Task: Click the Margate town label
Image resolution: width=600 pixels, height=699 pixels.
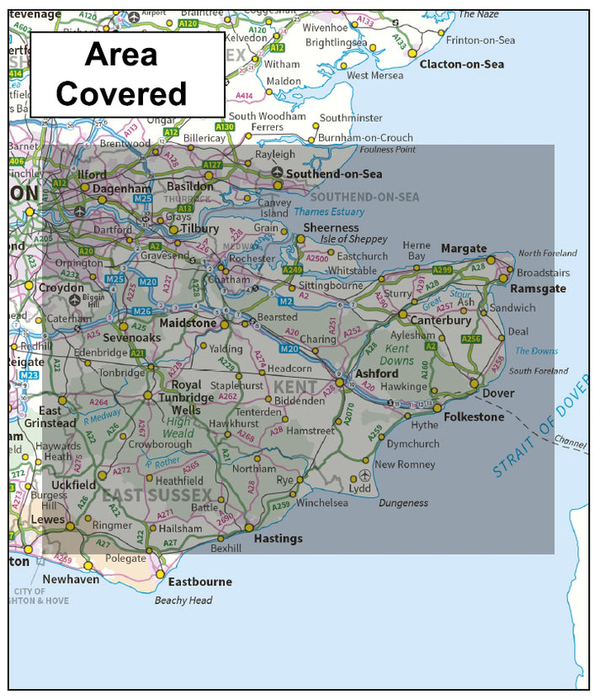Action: (464, 248)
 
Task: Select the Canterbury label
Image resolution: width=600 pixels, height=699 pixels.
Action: (440, 320)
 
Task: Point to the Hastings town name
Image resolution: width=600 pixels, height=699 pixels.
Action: (278, 538)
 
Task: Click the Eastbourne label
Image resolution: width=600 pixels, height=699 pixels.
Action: (199, 581)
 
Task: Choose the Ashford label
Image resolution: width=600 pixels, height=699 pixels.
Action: (376, 373)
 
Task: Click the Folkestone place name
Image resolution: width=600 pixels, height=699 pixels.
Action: (475, 416)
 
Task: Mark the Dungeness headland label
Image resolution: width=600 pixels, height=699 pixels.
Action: (403, 503)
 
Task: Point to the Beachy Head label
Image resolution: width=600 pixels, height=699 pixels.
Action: (183, 601)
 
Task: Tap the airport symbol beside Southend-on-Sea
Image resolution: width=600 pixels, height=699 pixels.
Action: (277, 173)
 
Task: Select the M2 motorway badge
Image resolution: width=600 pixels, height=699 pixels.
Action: (284, 300)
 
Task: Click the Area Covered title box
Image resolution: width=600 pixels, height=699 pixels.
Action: (127, 74)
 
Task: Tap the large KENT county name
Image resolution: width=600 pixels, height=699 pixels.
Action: (295, 388)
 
